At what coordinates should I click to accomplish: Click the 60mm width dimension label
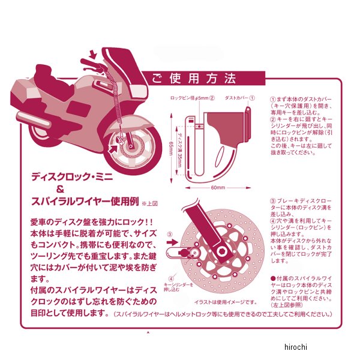(x=218, y=188)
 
